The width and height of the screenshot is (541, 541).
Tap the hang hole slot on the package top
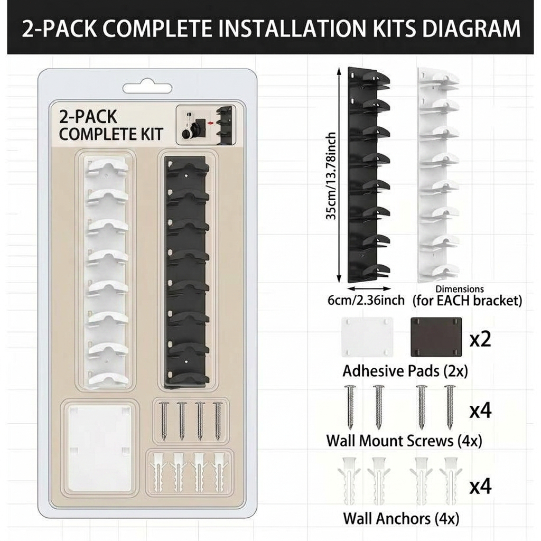click(147, 88)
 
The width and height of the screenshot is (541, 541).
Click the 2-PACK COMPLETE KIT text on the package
click(111, 126)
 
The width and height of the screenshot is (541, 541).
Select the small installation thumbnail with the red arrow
click(207, 125)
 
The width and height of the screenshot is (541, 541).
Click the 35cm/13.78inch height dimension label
click(331, 176)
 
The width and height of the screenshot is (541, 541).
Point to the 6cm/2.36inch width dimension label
click(366, 300)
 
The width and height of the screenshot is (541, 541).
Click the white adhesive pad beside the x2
click(367, 337)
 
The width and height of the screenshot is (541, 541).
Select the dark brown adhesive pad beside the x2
click(436, 337)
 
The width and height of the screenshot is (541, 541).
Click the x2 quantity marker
click(480, 340)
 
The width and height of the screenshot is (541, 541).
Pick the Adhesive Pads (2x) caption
click(405, 371)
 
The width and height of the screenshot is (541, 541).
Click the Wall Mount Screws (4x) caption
click(404, 441)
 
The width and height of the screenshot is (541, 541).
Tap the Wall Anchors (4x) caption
click(401, 519)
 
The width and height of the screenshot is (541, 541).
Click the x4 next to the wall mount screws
click(480, 411)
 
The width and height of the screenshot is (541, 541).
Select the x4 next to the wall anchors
click(480, 487)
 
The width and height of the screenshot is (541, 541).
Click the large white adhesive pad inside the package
click(99, 448)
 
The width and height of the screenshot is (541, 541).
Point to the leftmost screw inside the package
click(164, 421)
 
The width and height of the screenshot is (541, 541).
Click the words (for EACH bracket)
click(467, 301)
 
